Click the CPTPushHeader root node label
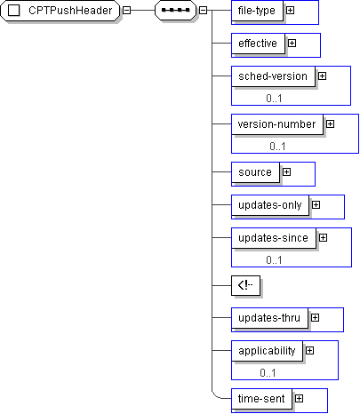70,11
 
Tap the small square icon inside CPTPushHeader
13,11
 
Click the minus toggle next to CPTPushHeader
126,11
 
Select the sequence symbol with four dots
176,11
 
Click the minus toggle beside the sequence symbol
203,11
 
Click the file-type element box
257,11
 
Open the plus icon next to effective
292,44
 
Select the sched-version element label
273,76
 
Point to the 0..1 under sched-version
274,99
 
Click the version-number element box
277,124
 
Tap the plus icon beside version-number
330,123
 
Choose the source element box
255,172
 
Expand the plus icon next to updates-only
316,205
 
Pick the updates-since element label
273,238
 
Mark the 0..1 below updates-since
274,260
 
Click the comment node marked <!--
245,285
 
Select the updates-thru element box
269,318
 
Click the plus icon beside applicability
309,351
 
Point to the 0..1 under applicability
268,372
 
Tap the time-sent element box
261,399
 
